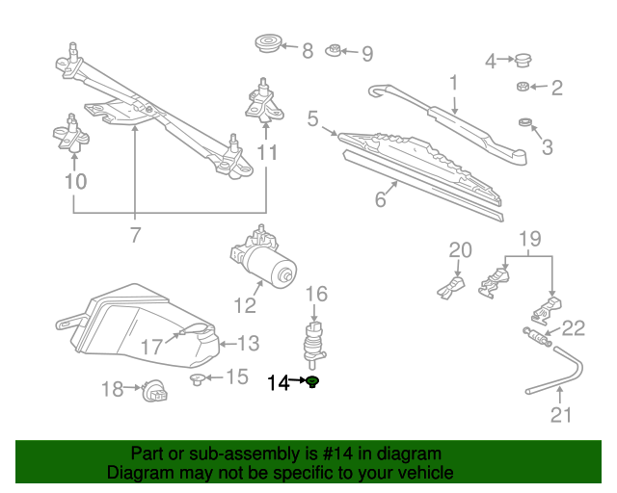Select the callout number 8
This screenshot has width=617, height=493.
click(308, 51)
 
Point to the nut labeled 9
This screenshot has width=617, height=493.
click(333, 51)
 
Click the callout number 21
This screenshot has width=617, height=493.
click(561, 415)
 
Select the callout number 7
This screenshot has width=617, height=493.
click(135, 234)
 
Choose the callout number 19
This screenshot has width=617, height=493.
click(529, 238)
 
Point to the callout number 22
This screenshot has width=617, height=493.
click(574, 328)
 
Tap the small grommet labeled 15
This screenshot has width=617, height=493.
click(199, 378)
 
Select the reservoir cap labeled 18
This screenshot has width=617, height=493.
click(152, 391)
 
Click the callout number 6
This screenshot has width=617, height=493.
click(381, 199)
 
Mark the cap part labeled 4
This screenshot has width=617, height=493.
click(523, 61)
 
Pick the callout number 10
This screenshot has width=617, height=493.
click(75, 180)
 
